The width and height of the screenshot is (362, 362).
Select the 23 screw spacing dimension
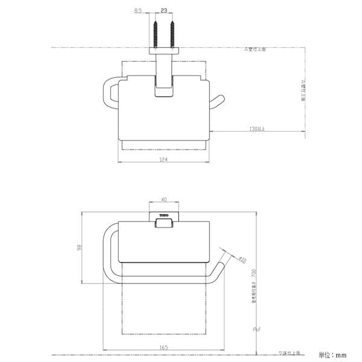point(164,11)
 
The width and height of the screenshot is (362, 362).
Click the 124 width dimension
point(163,159)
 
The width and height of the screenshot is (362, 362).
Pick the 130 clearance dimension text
point(258,128)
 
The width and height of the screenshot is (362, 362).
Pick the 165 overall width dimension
point(164,346)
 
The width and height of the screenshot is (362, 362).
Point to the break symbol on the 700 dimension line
point(256,329)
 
